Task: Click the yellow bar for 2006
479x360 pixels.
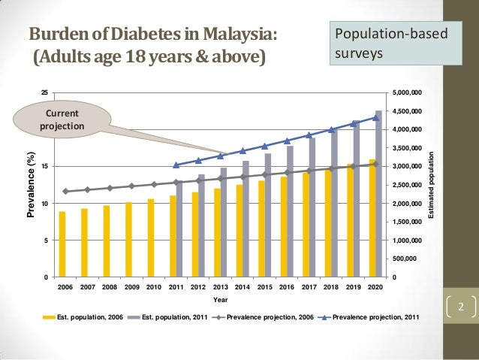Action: (62, 244)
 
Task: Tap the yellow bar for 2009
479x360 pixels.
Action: (128, 240)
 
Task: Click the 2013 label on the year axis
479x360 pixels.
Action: (220, 287)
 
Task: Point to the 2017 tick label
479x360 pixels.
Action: (308, 287)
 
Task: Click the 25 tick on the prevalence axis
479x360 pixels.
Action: (44, 92)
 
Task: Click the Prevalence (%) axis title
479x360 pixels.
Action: (31, 184)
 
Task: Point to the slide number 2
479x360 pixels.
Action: (462, 307)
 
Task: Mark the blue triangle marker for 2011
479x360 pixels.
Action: (176, 165)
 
